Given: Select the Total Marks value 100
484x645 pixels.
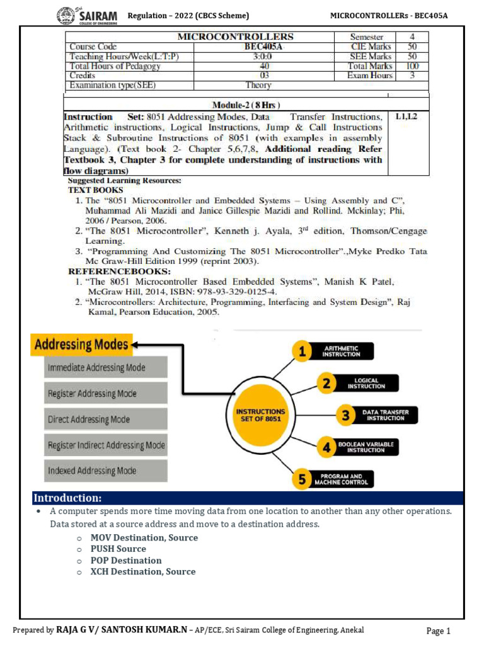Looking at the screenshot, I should (x=412, y=66).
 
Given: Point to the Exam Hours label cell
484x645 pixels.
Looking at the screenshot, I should (x=370, y=76).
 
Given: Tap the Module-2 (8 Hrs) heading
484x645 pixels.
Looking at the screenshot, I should (x=246, y=105).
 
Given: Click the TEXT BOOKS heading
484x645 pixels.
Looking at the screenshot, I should (x=96, y=190).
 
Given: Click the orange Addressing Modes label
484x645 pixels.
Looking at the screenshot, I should (x=81, y=345).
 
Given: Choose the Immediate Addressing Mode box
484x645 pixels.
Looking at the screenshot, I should (x=105, y=367).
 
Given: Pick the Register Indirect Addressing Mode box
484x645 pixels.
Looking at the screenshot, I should (x=105, y=445).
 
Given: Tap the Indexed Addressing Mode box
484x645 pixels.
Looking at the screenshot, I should (x=105, y=471).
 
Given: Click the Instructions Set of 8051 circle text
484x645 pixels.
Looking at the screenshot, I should (x=260, y=416).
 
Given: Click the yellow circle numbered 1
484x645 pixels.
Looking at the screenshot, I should (x=303, y=352).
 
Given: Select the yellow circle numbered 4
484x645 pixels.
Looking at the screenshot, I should (x=326, y=447).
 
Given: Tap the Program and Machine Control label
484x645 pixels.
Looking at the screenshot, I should (x=343, y=479).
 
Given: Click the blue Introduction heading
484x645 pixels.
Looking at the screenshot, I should (x=67, y=498).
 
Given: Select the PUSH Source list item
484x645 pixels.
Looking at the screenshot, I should (x=118, y=549).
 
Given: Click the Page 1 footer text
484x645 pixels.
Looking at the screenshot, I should (x=439, y=631).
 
